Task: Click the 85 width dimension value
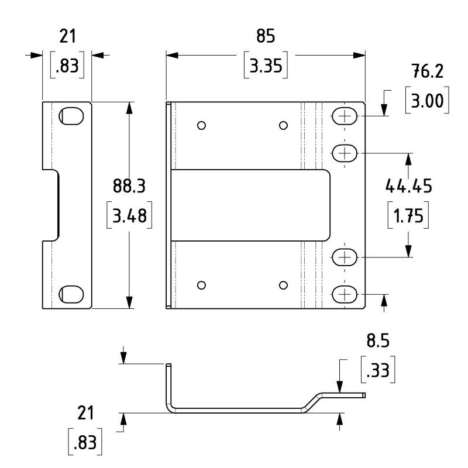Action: click(x=265, y=36)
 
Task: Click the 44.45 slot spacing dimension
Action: click(x=408, y=186)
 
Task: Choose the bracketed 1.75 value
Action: click(x=408, y=215)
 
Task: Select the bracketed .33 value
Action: click(x=377, y=370)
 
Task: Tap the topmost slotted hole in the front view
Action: click(x=346, y=116)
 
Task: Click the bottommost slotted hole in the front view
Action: click(x=346, y=294)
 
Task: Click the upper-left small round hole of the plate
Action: click(x=201, y=125)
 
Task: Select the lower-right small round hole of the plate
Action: click(x=283, y=285)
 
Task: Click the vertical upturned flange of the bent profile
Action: click(x=168, y=383)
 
